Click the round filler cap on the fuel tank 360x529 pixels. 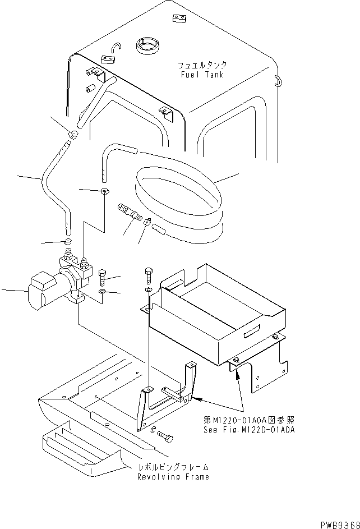pyautogui.click(x=145, y=45)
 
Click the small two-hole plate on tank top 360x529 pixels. pyautogui.click(x=179, y=20)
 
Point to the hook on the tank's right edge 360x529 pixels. pyautogui.click(x=276, y=81)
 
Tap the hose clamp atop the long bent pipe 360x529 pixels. pyautogui.click(x=73, y=134)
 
